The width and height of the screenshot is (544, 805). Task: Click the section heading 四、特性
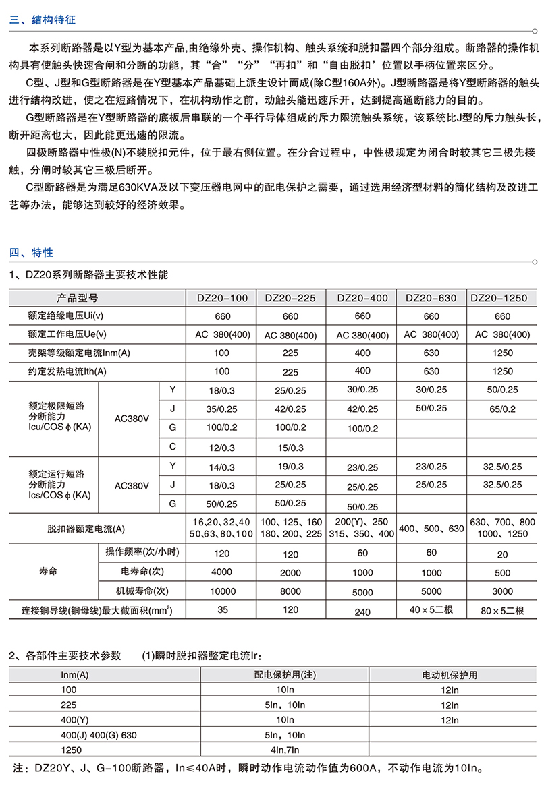click(31, 253)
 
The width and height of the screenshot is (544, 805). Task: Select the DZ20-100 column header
click(222, 297)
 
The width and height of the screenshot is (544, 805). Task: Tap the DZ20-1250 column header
click(503, 297)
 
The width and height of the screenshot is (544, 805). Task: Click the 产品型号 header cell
click(78, 297)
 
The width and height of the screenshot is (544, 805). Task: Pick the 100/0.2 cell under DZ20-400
click(362, 428)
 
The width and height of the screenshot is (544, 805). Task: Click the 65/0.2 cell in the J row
click(503, 409)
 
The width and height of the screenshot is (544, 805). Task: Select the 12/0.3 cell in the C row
click(222, 448)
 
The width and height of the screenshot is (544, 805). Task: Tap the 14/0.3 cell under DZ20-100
click(222, 466)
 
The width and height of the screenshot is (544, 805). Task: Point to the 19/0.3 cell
click(290, 466)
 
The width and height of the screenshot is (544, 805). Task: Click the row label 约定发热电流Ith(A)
click(68, 371)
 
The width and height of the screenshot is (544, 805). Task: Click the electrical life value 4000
click(222, 573)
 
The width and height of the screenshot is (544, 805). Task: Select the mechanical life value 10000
click(222, 591)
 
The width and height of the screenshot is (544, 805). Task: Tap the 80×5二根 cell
click(503, 611)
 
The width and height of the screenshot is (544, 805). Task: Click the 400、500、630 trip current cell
click(432, 529)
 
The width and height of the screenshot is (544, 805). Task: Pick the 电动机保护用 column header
click(450, 674)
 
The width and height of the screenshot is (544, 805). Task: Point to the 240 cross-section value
click(362, 612)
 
